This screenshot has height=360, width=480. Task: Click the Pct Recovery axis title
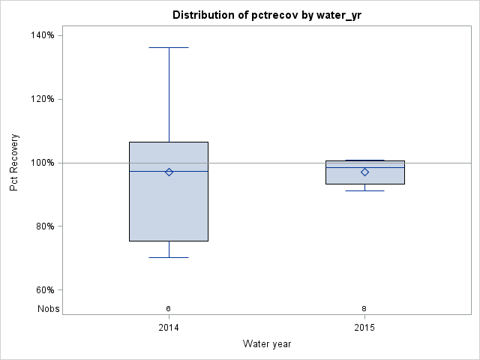(x=14, y=163)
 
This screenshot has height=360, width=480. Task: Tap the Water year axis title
(x=267, y=343)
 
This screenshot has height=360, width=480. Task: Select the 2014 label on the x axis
(x=169, y=328)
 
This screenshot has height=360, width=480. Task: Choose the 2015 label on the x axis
(x=365, y=328)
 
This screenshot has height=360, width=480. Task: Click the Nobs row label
(x=49, y=308)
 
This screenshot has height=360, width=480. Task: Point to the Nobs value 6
(x=169, y=308)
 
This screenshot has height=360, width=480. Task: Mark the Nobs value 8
(x=365, y=308)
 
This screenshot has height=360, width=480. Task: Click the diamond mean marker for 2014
(x=169, y=172)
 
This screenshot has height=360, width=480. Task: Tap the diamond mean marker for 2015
(x=365, y=172)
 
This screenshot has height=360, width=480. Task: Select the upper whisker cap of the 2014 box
(x=169, y=47)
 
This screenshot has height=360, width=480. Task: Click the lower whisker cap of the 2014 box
(x=169, y=257)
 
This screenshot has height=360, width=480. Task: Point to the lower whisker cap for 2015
(x=365, y=190)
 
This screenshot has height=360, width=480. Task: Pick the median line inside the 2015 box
(x=345, y=167)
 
